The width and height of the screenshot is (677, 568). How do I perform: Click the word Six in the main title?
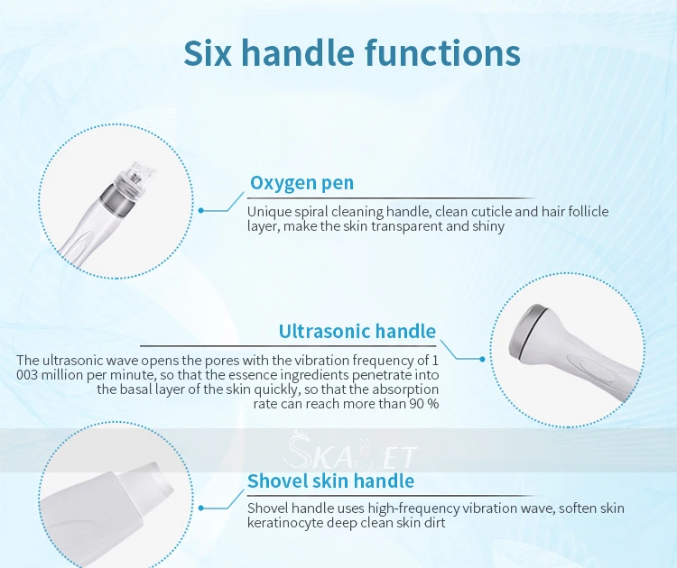tap(208, 52)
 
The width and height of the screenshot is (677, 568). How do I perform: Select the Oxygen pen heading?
tap(301, 183)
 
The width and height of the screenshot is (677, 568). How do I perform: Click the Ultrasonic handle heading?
tap(357, 331)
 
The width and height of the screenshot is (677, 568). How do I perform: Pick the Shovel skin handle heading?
tap(330, 481)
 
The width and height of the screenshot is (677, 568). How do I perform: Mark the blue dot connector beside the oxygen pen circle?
tap(200, 210)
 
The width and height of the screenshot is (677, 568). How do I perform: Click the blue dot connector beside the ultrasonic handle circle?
tap(482, 359)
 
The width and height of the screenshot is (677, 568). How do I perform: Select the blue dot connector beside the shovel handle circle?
tap(200, 508)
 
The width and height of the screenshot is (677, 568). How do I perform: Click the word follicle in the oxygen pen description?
tap(589, 212)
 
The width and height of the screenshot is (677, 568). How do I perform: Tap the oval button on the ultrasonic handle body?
tap(596, 369)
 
